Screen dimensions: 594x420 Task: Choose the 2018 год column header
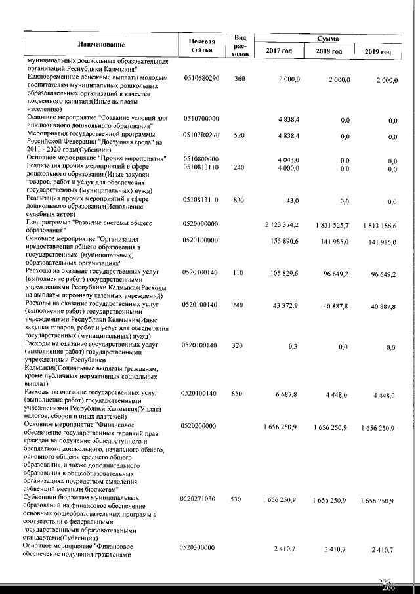329,51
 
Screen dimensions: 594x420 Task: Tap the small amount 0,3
293,345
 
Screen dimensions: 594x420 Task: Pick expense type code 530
239,500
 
